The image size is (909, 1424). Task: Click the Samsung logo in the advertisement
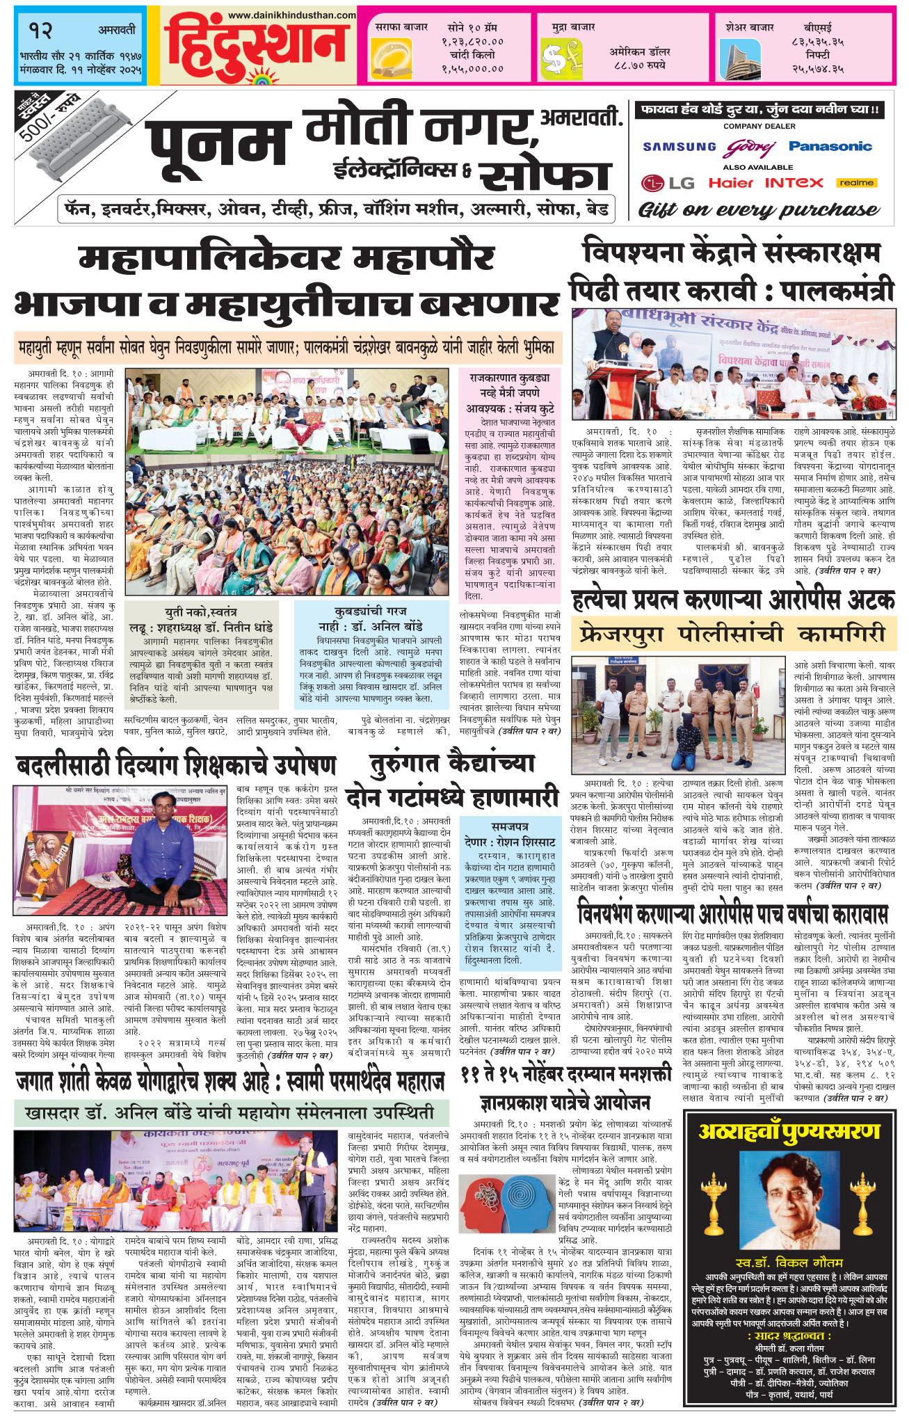679,147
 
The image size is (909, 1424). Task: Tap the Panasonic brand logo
830,146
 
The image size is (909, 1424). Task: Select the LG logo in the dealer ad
668,183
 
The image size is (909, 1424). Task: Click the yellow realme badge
856,183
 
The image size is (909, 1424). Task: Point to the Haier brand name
731,183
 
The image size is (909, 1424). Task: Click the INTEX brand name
794,183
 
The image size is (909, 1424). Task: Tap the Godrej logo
751,147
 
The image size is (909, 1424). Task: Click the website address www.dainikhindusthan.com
291,14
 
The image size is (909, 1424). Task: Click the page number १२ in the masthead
42,30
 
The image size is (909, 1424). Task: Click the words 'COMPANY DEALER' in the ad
759,127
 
